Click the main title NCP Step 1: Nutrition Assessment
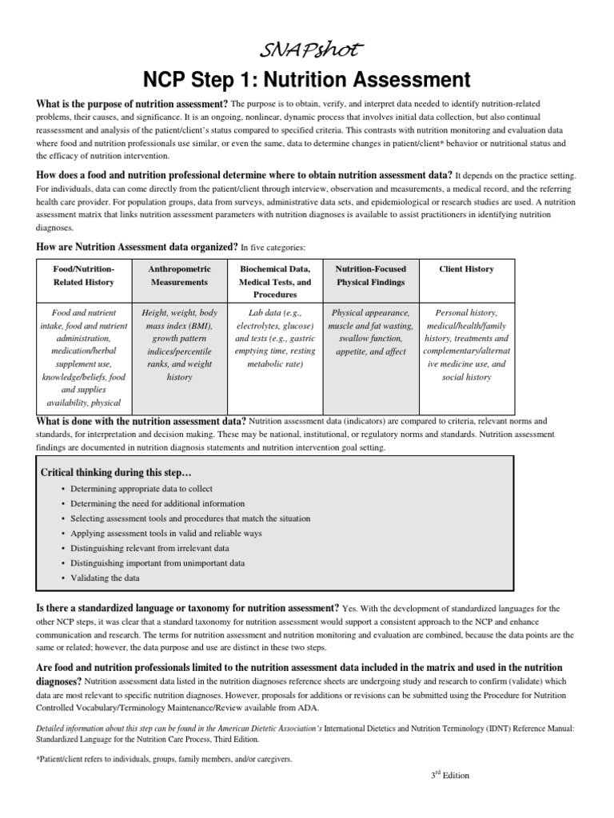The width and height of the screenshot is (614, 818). (308, 80)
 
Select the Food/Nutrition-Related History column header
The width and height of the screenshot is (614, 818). (83, 276)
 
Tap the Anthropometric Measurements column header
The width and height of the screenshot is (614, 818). (179, 276)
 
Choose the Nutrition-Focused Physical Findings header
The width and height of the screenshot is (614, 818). (371, 276)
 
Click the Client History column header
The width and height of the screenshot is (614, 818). (466, 269)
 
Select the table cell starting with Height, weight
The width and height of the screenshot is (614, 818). (179, 344)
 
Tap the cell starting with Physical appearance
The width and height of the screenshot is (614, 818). (371, 332)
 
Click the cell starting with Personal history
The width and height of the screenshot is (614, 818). (466, 344)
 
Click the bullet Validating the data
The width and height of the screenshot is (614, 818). (105, 578)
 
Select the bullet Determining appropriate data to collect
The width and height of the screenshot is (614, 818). (142, 488)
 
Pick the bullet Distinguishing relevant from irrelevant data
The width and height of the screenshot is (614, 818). (150, 548)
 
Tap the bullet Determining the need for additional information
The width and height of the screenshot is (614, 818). (157, 503)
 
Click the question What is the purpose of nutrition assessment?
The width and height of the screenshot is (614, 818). (132, 105)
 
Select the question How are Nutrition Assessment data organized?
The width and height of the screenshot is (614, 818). (137, 247)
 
